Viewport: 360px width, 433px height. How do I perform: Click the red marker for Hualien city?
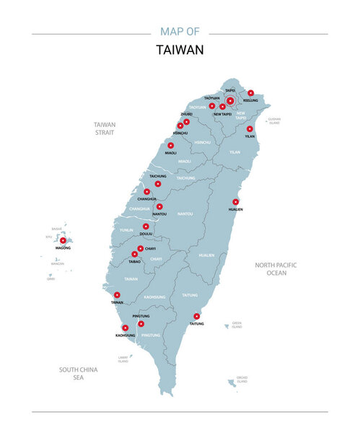click(235, 201)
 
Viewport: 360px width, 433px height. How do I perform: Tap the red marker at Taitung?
click(196, 316)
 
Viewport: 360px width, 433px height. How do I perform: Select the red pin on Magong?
click(63, 240)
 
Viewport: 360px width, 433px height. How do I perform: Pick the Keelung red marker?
click(250, 93)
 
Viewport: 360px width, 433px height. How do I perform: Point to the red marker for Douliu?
click(145, 227)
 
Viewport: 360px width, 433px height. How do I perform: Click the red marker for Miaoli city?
click(171, 145)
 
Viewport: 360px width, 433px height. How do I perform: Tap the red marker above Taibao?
click(134, 254)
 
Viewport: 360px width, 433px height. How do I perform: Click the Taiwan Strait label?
click(105, 128)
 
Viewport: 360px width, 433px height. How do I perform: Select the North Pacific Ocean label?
click(276, 268)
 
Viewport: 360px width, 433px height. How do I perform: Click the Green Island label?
click(237, 325)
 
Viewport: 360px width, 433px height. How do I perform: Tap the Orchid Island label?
click(242, 380)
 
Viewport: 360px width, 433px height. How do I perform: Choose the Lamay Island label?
click(123, 359)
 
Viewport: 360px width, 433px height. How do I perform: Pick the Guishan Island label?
click(273, 121)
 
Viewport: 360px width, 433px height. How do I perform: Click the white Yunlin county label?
click(126, 229)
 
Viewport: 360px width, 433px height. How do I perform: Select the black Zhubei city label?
click(186, 114)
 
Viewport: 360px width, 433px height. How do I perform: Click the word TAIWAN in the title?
click(180, 50)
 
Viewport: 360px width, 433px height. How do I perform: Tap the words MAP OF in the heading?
click(180, 32)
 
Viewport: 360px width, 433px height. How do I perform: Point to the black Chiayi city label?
click(150, 248)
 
